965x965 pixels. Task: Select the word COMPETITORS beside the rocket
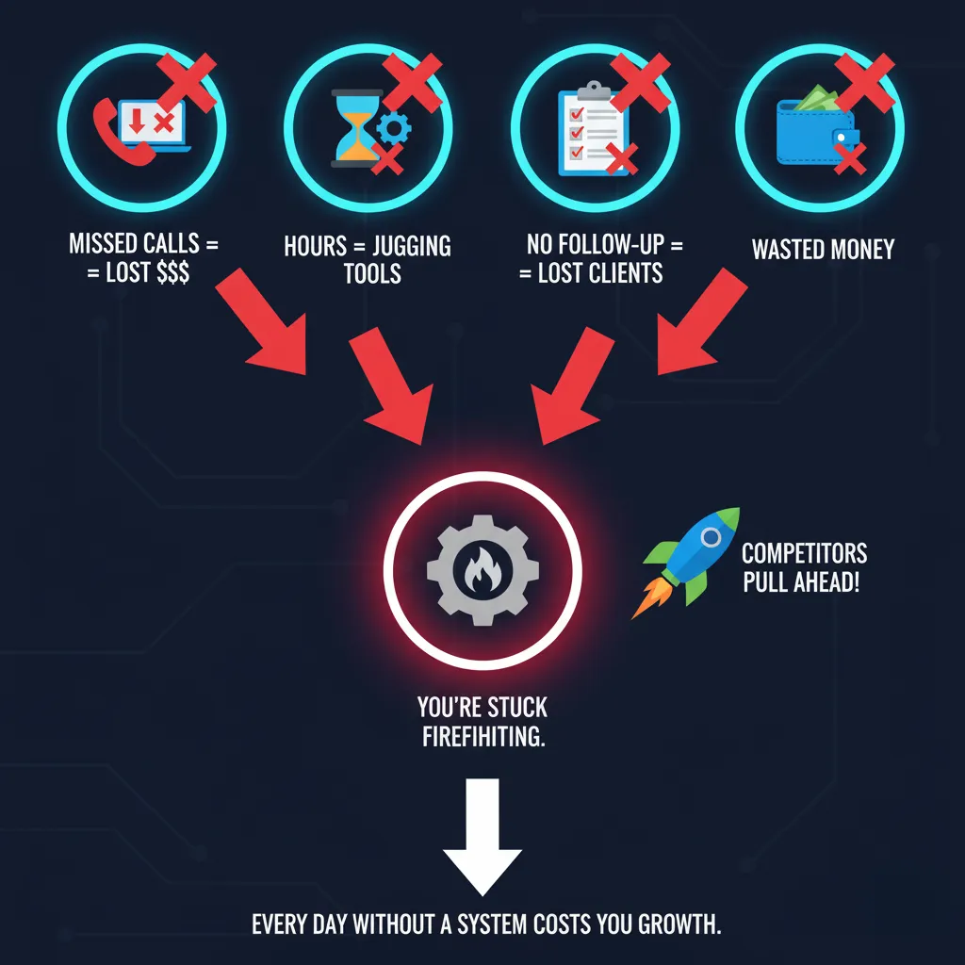coord(804,552)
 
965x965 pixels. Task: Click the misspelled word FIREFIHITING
coord(482,736)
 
